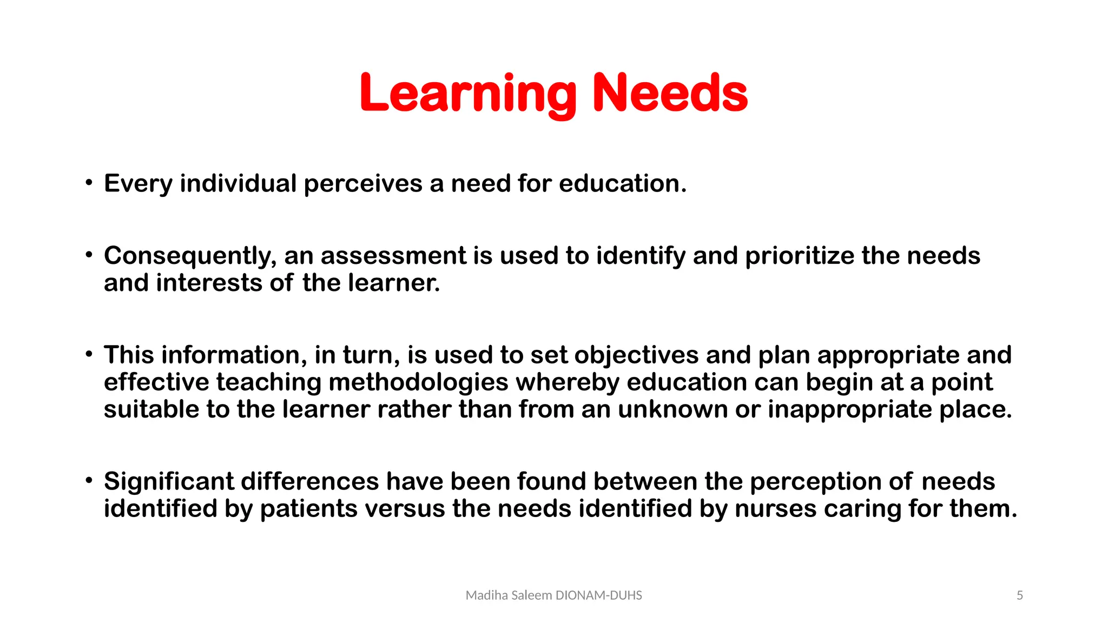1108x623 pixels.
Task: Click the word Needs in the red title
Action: coord(670,94)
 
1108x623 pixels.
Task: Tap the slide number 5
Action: coord(1020,595)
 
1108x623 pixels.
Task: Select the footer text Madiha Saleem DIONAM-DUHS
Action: coord(553,595)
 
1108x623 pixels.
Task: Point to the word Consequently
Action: coord(190,256)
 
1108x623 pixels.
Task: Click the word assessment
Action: coord(393,256)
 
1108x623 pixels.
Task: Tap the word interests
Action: coord(209,283)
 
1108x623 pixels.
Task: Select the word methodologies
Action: coord(418,382)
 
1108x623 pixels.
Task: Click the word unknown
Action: coord(672,409)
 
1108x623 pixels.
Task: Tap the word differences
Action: coord(309,481)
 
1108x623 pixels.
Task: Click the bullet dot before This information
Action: coord(89,354)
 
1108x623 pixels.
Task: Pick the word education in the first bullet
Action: coord(622,184)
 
